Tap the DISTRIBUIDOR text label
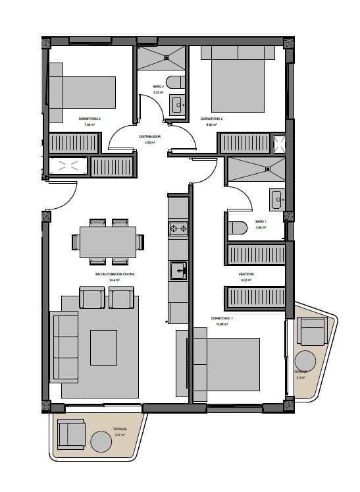[x=149, y=136]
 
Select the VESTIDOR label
[x=246, y=274]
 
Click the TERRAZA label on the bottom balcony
[x=120, y=428]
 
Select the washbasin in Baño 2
[x=177, y=104]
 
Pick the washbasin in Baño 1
[x=276, y=198]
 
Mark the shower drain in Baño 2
[x=167, y=58]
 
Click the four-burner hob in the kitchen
[x=178, y=229]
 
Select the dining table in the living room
[x=108, y=242]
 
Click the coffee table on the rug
[x=103, y=347]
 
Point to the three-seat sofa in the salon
[x=65, y=347]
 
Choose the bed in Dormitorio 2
[x=238, y=79]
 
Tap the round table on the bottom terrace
[x=101, y=441]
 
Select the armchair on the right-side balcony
[x=311, y=331]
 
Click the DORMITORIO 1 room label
[x=222, y=318]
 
